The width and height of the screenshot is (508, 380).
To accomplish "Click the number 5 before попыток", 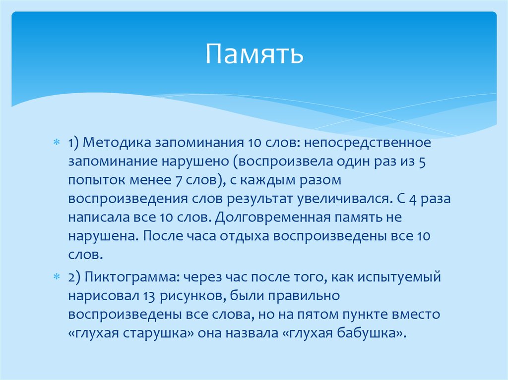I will (x=422, y=162).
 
